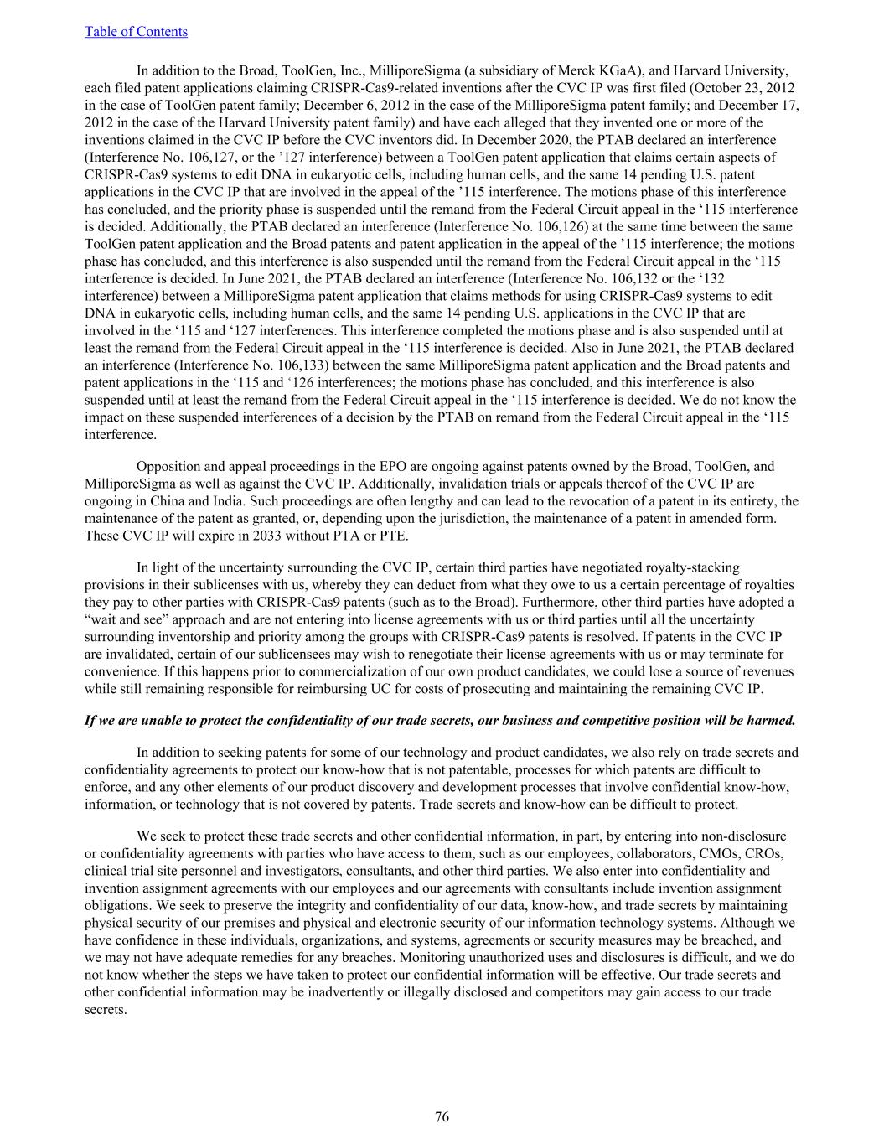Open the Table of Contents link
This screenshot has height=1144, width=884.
136,32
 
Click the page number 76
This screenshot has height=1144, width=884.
442,1116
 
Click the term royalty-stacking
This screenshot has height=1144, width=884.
692,567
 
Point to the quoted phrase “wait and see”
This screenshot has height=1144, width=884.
125,619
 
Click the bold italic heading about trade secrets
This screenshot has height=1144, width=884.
441,720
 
